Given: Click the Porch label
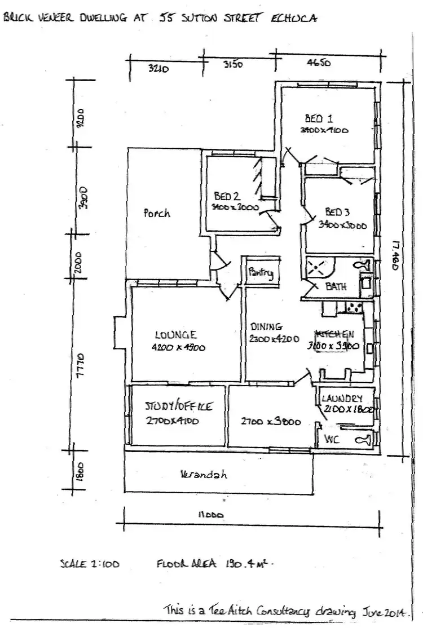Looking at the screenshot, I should (156, 214).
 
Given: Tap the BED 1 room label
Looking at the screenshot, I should (319, 119).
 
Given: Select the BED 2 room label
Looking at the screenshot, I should (227, 197).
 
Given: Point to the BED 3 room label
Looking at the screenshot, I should (338, 213).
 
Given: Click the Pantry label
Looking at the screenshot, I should (261, 273).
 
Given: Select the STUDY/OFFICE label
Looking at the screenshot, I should (178, 406).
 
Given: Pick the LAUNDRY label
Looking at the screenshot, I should (342, 399).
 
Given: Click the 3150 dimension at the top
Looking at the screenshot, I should (232, 64).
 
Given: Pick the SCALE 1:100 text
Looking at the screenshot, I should (89, 563).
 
